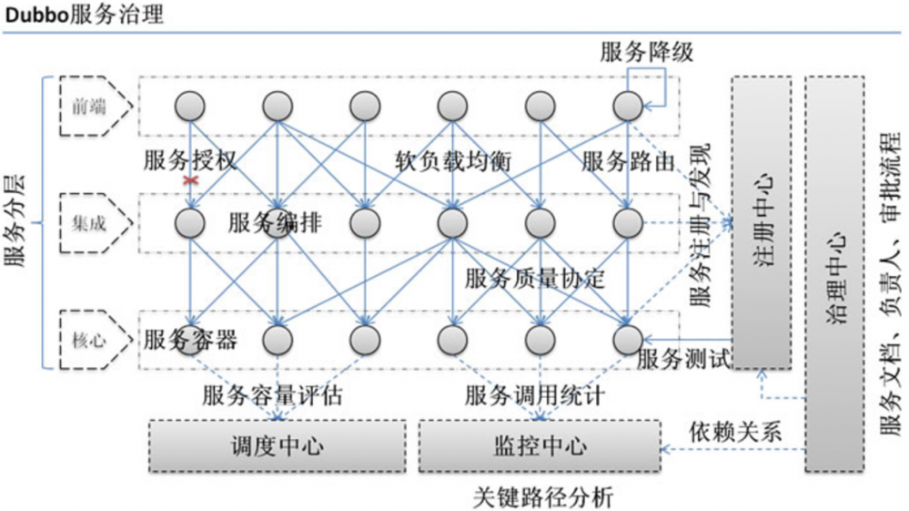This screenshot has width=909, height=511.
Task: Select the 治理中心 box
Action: point(834,273)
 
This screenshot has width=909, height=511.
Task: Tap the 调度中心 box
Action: point(277,445)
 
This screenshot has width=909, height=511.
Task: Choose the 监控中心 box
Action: point(539,445)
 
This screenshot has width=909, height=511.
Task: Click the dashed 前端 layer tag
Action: point(90,107)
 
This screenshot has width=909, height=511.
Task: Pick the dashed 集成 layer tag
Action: point(90,222)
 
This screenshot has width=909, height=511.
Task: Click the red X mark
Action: point(190,181)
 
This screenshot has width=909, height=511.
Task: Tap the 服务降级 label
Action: point(646,53)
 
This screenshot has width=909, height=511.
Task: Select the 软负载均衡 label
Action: point(452,161)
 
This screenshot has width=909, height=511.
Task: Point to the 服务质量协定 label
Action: point(534,278)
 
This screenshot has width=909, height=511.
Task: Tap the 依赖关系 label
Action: point(735,429)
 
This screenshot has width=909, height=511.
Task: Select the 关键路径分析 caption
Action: point(543,497)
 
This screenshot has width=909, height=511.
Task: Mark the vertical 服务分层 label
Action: point(15,222)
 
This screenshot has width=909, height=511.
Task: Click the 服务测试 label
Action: point(684,358)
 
